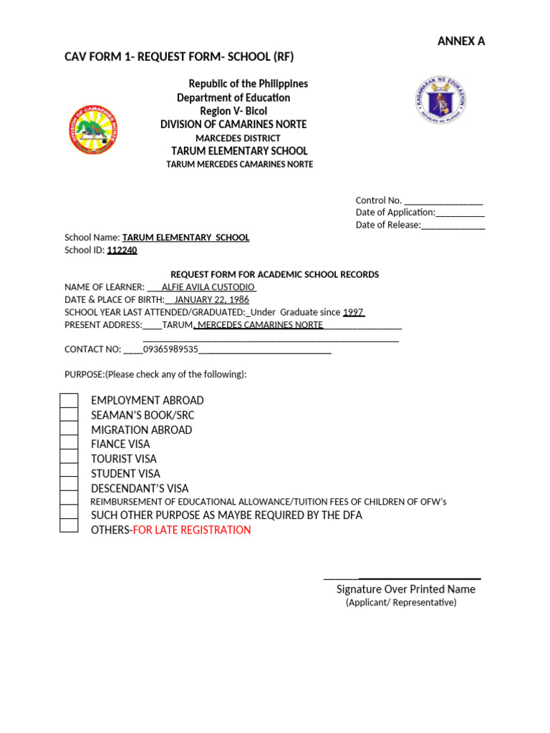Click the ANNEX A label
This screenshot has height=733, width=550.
[460, 42]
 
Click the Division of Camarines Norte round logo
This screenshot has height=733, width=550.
[93, 130]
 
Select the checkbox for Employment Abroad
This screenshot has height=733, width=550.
[69, 400]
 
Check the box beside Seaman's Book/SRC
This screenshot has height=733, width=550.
[69, 414]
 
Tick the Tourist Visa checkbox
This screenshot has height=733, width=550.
[69, 457]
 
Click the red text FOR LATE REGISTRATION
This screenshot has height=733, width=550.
[192, 530]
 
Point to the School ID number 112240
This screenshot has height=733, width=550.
[122, 251]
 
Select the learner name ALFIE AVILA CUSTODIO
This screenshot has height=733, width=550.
[208, 287]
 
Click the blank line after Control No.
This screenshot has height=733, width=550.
[443, 201]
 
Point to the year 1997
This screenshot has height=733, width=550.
[354, 312]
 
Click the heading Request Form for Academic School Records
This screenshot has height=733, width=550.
[274, 275]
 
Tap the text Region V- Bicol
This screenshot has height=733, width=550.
[233, 111]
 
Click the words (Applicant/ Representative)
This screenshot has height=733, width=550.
[401, 603]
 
